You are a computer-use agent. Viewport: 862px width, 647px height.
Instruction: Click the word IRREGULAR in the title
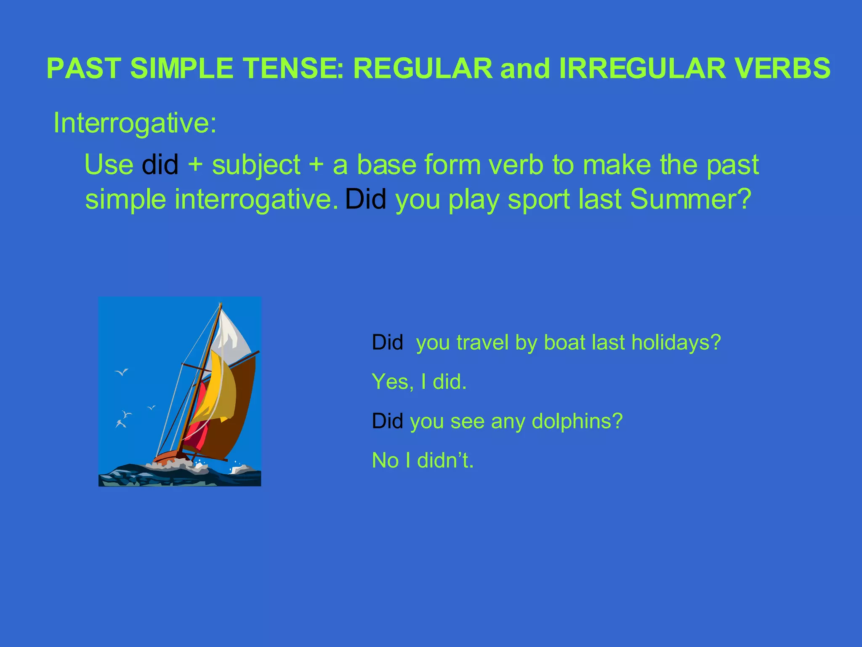[642, 68]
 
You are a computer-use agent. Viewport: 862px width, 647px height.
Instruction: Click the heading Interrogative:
[135, 123]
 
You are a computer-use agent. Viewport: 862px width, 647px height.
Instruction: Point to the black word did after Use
[160, 165]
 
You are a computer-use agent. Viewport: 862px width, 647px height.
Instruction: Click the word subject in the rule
[256, 165]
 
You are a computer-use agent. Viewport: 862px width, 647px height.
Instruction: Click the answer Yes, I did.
[419, 382]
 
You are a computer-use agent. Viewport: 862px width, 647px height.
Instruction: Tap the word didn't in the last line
[445, 460]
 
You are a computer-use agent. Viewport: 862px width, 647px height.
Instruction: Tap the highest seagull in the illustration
[122, 372]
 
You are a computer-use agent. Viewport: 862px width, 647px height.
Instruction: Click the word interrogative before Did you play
[256, 199]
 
